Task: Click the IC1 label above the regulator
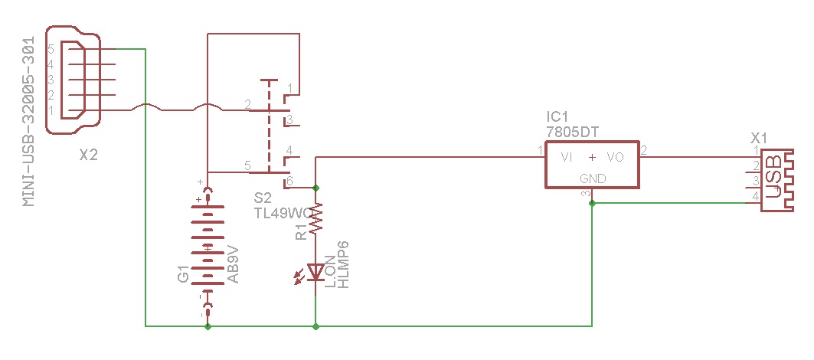557,117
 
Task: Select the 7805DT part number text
573,132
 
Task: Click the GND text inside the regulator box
593,178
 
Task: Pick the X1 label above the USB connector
759,138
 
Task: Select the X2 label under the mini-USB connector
89,155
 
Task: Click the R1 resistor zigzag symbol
316,218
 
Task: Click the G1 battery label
183,273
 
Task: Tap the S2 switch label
263,198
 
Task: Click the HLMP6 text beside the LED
344,264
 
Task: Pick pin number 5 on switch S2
247,165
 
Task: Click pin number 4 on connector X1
755,197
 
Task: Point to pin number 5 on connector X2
51,48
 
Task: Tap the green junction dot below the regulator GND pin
593,203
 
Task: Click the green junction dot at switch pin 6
316,187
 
